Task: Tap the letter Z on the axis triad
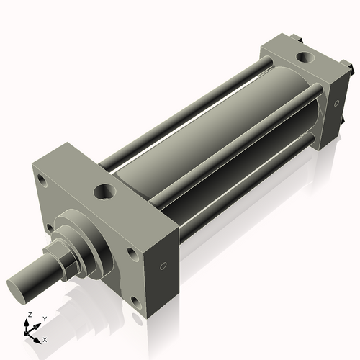[x=29, y=315]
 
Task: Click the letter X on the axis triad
[x=45, y=338]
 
